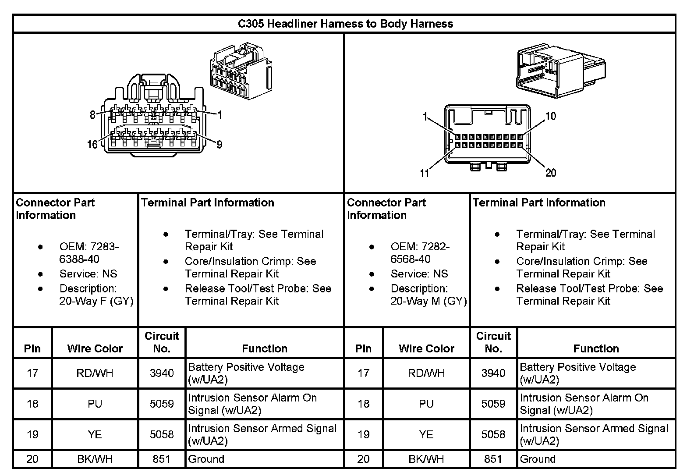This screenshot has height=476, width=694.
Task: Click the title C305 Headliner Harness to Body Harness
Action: click(345, 24)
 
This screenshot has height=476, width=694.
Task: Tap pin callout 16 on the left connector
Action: click(92, 144)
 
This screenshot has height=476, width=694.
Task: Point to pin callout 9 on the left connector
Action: click(220, 144)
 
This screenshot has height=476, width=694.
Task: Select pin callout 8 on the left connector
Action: click(92, 115)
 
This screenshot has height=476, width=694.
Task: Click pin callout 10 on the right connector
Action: click(551, 116)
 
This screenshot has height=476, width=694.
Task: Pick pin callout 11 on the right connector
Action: click(425, 173)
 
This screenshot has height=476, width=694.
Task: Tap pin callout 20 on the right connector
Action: click(551, 173)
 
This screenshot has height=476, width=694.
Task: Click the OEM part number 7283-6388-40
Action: click(89, 253)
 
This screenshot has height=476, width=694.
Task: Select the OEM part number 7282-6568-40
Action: click(420, 253)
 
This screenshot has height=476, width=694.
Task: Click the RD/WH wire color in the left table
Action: click(95, 373)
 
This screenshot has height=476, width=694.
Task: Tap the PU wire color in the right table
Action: click(426, 404)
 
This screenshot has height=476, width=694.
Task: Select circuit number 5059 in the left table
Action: click(162, 404)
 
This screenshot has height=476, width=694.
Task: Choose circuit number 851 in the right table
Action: click(493, 459)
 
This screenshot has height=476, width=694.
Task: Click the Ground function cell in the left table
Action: click(206, 459)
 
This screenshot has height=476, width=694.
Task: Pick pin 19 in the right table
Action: click(364, 434)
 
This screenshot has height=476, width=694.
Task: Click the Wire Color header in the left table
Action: click(95, 348)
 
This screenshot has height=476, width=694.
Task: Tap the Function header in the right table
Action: click(596, 348)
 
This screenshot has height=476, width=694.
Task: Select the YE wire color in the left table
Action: click(95, 434)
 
